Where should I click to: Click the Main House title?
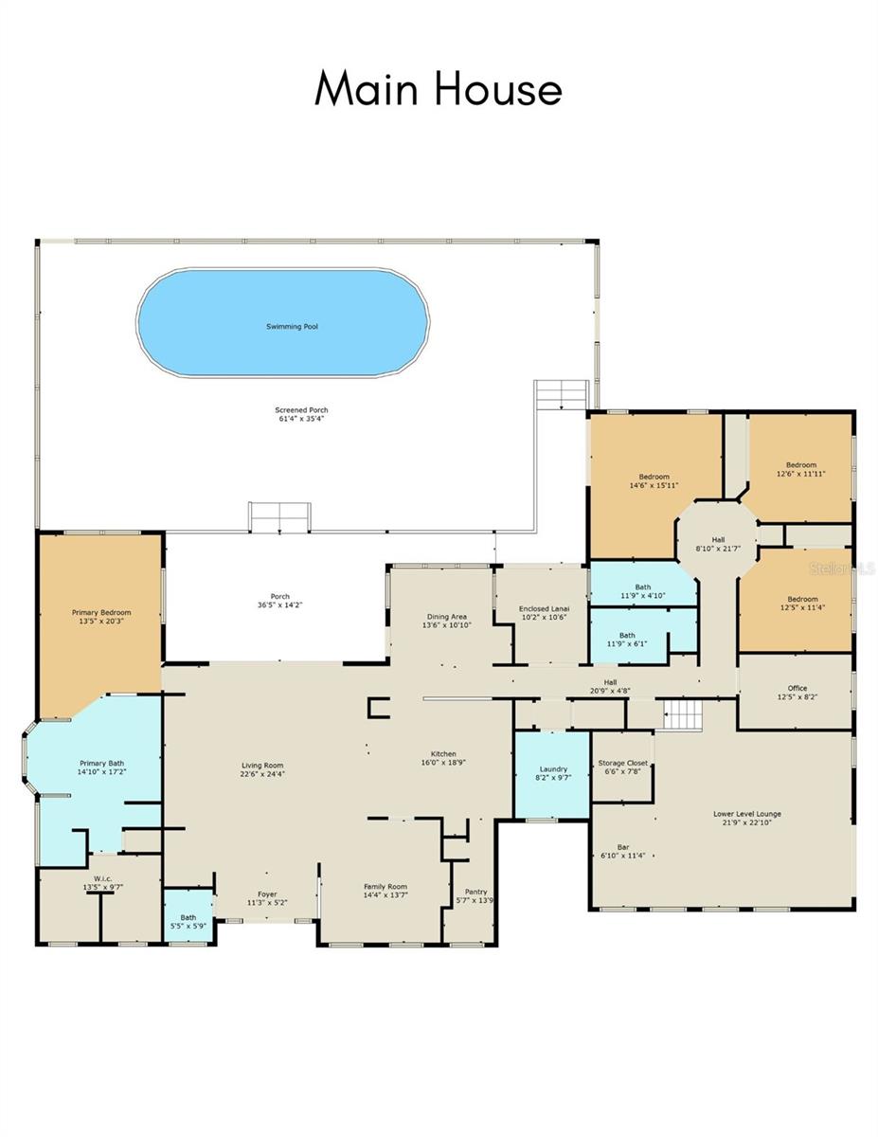439,89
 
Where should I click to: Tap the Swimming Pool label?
291,326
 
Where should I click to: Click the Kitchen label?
443,754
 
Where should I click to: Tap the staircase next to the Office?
683,714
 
